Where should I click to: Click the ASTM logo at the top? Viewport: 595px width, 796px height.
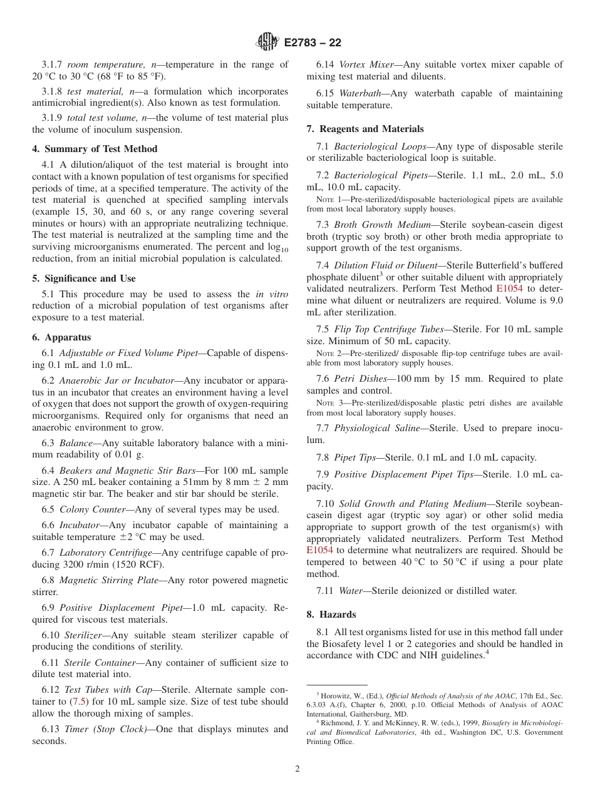[x=267, y=43]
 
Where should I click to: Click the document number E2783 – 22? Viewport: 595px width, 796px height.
[x=312, y=43]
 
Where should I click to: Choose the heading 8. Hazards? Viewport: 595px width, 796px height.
[x=331, y=615]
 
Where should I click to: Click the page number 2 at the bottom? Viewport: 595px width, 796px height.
[x=297, y=769]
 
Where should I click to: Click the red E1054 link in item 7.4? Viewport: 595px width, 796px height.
[x=509, y=288]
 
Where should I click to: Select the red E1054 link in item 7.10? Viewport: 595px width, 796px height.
[x=319, y=551]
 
